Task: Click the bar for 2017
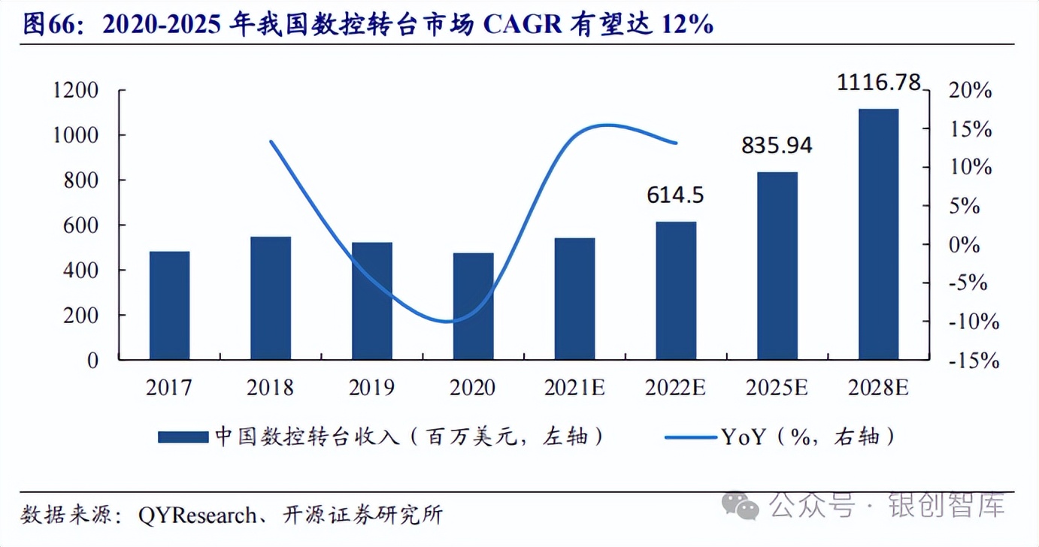[x=169, y=306]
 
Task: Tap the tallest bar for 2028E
[x=878, y=234]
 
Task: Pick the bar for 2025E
[x=777, y=266]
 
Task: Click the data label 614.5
[x=675, y=195]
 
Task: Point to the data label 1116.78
[x=879, y=83]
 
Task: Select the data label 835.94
[x=777, y=145]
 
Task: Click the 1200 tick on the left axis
[x=76, y=91]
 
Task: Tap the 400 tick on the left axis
[x=82, y=270]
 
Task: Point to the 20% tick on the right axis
[x=971, y=91]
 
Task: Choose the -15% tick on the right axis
[x=975, y=361]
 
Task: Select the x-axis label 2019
[x=371, y=388]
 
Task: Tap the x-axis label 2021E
[x=574, y=388]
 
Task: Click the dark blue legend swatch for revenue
[x=183, y=437]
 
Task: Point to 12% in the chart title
[x=687, y=25]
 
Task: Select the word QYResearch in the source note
[x=197, y=515]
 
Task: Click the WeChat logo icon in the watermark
[x=741, y=506]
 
